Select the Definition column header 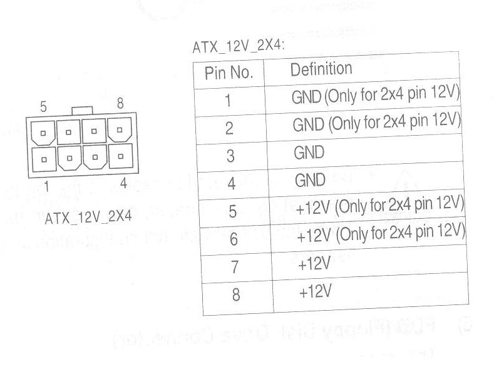point(321,69)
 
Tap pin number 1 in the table point(228,101)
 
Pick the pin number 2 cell point(229,128)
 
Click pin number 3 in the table point(230,156)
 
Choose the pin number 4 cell point(231,184)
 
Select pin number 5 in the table point(232,212)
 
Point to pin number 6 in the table point(234,239)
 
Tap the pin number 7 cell point(234,267)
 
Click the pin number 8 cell point(235,294)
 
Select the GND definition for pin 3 point(309,152)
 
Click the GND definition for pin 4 point(310,180)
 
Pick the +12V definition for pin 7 point(314,264)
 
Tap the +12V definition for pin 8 point(314,291)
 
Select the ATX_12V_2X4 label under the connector point(88,216)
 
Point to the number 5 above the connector point(43,107)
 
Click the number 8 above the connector point(120,103)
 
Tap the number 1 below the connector point(46,186)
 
